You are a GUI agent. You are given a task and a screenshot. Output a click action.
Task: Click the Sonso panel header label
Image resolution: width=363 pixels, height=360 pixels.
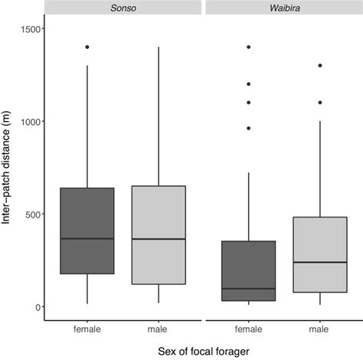point(124,7)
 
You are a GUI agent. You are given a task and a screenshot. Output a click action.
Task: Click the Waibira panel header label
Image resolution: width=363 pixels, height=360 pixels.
point(281,7)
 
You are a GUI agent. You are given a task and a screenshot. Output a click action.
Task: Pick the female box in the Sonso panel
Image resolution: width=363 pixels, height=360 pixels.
point(87,231)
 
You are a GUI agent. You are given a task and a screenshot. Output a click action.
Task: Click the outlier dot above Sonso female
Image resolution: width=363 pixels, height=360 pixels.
point(87,47)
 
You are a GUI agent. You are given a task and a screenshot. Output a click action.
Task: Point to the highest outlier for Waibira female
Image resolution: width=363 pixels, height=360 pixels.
point(248,47)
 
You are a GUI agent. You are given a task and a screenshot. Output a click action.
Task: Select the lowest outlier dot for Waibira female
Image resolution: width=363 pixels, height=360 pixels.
point(248,128)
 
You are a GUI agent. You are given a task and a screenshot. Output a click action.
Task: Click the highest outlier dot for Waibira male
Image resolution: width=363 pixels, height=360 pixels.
point(320,65)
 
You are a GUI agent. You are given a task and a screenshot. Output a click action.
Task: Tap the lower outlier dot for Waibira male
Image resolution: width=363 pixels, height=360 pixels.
point(320,103)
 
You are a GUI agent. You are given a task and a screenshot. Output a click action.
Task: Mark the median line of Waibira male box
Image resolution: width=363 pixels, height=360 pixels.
point(320,263)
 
